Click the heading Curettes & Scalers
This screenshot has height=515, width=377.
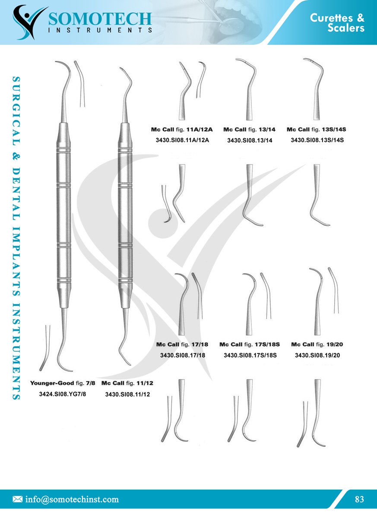coord(337,23)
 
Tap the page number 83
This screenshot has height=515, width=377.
coord(359,499)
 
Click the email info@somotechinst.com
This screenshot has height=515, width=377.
coord(72,499)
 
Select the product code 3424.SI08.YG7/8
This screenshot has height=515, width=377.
coord(63,394)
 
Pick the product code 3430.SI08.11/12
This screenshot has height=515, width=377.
coord(127,394)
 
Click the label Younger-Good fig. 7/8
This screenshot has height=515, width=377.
coord(63,383)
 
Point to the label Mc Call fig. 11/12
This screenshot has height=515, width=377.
coord(127,383)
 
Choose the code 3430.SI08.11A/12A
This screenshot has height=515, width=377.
coord(182,140)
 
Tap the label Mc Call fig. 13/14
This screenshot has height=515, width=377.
coord(249,129)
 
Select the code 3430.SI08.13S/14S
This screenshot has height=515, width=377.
coord(317,140)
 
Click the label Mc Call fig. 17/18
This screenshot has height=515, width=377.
coord(182,344)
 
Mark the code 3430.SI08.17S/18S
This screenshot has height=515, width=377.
coord(250,356)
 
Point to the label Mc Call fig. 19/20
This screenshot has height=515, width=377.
coord(317,344)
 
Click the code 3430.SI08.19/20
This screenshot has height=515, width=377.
coord(317,356)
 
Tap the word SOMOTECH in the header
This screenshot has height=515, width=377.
coord(100,18)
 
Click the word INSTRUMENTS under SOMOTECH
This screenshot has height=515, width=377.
coord(100,30)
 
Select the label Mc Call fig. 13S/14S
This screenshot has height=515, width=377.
coord(317,129)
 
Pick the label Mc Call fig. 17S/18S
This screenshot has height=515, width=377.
coord(250,344)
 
